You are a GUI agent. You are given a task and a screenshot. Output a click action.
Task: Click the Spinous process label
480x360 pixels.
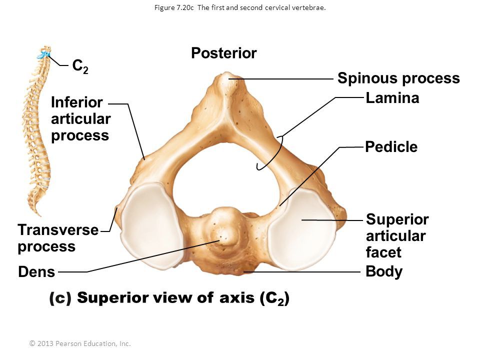398,78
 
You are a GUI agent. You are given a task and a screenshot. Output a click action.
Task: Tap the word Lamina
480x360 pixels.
392,98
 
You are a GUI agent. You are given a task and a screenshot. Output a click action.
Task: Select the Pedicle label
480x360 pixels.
391,147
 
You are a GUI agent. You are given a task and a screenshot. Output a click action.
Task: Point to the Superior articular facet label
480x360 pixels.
397,235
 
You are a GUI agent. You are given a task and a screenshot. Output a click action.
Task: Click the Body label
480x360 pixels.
384,272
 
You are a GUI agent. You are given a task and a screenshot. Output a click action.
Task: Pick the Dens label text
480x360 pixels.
36,272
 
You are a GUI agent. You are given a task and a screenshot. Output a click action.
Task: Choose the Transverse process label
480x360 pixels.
58,238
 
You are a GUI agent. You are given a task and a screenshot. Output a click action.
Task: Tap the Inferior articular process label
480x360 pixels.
80,119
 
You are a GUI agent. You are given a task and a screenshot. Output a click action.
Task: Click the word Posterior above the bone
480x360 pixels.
224,53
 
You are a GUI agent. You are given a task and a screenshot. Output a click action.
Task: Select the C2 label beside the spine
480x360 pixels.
80,66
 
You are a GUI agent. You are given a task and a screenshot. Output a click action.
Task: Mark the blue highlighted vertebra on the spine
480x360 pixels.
45,53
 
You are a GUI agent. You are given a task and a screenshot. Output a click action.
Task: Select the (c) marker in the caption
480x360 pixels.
60,298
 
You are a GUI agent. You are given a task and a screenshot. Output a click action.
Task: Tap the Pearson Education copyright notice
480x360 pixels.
80,343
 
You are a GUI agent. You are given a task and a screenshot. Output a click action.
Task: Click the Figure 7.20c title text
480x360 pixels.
240,7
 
